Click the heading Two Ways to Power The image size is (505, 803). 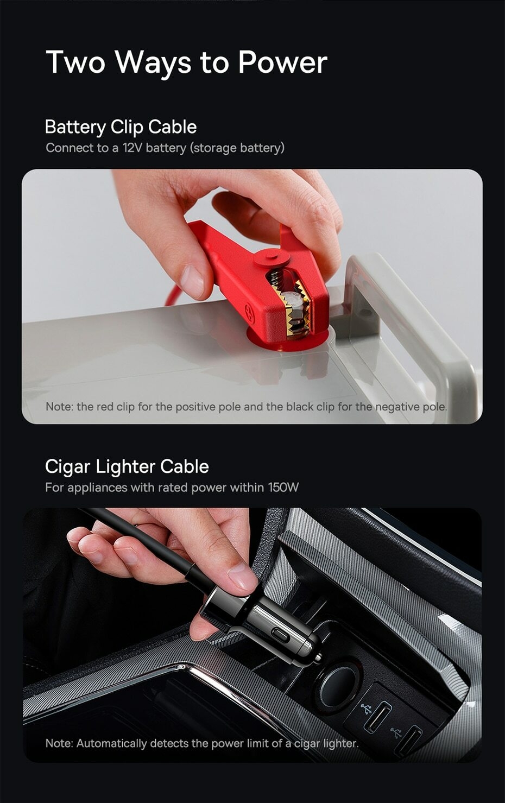[186, 62]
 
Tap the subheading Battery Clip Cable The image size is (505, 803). [121, 127]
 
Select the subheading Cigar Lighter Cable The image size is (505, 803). [127, 466]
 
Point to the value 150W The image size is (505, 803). [283, 488]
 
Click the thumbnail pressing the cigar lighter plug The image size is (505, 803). [242, 577]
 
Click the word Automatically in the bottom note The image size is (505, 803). [111, 743]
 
